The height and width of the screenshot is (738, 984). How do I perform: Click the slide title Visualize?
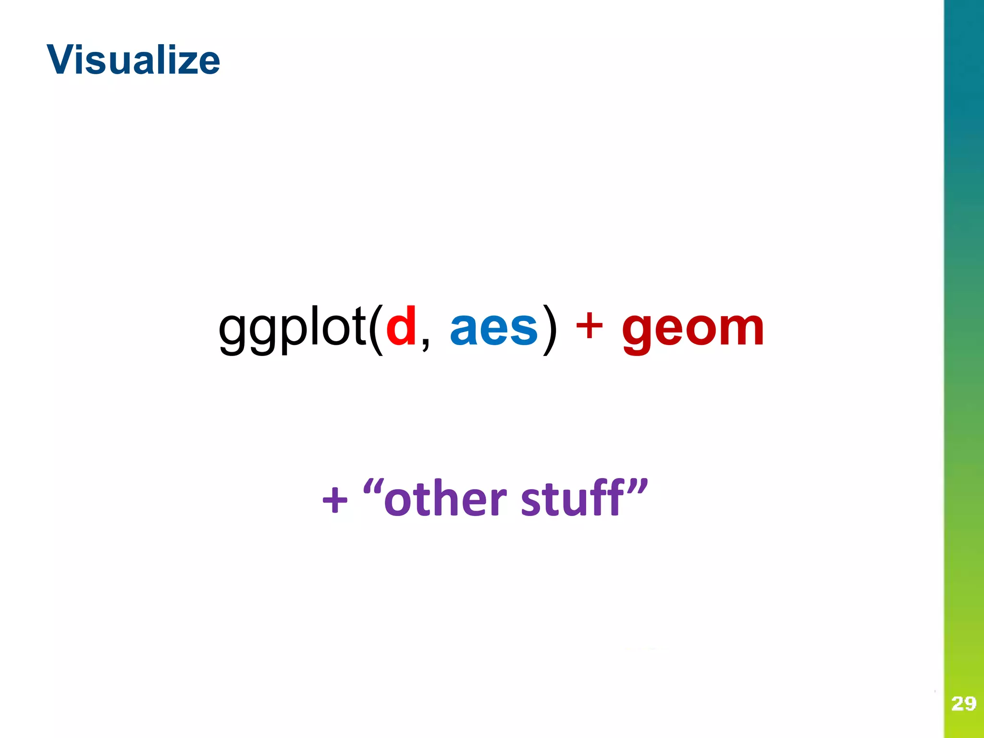(x=134, y=60)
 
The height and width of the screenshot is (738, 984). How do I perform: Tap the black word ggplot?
(x=292, y=329)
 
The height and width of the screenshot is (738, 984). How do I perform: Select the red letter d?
(x=401, y=327)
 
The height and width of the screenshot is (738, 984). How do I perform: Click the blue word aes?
(x=493, y=329)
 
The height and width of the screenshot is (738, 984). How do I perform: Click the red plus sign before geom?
(x=589, y=327)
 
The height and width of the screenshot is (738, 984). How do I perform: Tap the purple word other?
(x=445, y=500)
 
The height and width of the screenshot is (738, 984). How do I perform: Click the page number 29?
(x=963, y=704)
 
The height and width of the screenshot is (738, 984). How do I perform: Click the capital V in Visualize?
(x=62, y=60)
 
